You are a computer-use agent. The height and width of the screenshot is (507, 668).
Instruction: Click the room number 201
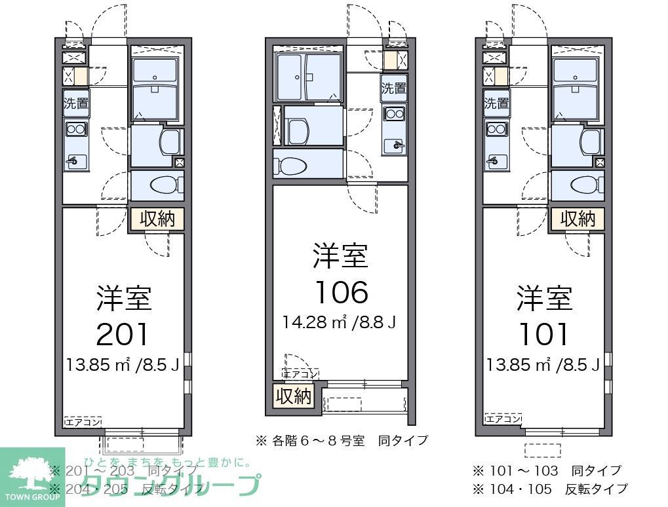click(123, 335)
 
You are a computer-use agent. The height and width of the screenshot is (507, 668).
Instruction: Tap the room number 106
click(341, 292)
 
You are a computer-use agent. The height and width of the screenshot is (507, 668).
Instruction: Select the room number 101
click(543, 335)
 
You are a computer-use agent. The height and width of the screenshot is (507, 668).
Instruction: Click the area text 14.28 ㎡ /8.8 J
click(340, 322)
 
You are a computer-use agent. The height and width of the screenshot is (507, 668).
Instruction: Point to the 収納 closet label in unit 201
click(157, 219)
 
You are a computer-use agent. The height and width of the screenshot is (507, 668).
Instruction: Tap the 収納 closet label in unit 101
click(577, 219)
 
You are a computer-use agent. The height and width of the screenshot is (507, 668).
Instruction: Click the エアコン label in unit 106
click(301, 374)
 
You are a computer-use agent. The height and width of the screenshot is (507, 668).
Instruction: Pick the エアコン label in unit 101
click(503, 419)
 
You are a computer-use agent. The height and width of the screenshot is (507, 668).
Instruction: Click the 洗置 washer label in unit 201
click(76, 103)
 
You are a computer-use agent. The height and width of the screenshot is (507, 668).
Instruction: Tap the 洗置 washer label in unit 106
click(394, 88)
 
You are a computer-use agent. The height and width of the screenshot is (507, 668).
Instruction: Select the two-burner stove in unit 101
click(496, 128)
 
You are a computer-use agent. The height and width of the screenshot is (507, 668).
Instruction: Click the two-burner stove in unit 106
click(395, 114)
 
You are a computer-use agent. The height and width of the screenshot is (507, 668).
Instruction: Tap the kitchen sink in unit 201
click(76, 159)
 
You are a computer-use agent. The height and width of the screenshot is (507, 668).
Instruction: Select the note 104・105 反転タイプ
click(549, 489)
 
